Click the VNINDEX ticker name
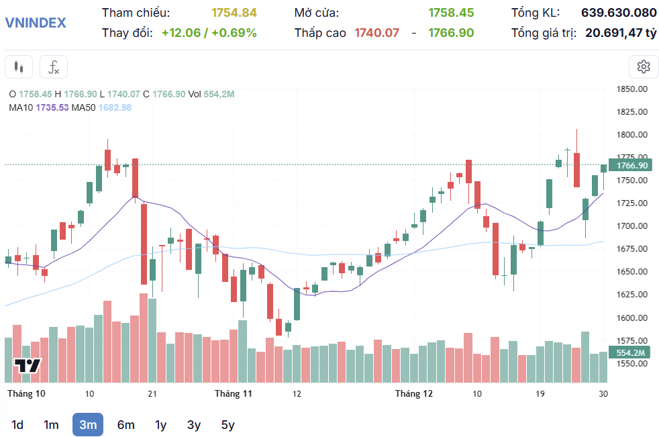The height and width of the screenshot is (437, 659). (x=36, y=22)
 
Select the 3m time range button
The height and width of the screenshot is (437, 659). (x=88, y=424)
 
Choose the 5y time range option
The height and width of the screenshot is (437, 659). (x=227, y=424)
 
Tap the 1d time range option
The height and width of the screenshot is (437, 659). (x=17, y=424)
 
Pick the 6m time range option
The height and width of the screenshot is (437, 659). (x=125, y=424)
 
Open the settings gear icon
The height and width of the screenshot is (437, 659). (x=644, y=66)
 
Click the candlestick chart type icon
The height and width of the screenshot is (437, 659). (x=19, y=67)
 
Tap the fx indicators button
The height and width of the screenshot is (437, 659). (x=54, y=67)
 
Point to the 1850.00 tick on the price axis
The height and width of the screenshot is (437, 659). (x=632, y=89)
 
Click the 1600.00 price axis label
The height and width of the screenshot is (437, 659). (x=632, y=318)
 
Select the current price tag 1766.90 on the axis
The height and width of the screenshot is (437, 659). (x=632, y=165)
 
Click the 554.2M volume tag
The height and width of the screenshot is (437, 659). (x=631, y=353)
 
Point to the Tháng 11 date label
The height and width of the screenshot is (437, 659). (x=233, y=393)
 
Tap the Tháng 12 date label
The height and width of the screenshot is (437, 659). (x=414, y=393)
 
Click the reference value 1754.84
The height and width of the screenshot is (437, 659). (x=234, y=13)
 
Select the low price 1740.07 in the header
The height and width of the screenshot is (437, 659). (x=377, y=32)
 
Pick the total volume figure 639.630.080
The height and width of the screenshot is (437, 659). (x=619, y=13)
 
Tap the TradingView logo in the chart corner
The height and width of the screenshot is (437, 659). (x=28, y=367)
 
